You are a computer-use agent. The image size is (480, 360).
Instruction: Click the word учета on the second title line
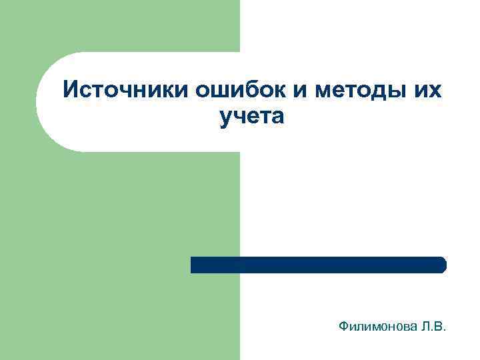[251, 117]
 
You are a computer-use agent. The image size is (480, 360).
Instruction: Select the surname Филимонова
[377, 327]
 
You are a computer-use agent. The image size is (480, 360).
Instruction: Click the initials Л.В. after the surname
[433, 327]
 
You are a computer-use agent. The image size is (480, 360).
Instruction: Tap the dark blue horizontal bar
[318, 265]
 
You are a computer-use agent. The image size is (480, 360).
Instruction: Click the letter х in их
[435, 89]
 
